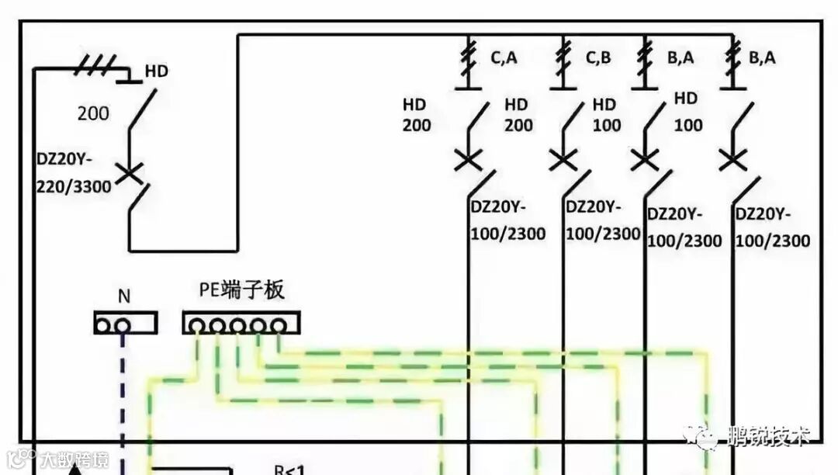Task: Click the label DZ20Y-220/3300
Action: (x=74, y=173)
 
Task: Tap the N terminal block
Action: (x=125, y=323)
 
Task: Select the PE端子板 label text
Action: (x=242, y=291)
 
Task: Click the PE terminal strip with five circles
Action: (x=241, y=323)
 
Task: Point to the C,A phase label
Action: (x=504, y=57)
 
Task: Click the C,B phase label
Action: (x=599, y=57)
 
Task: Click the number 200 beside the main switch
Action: (x=93, y=113)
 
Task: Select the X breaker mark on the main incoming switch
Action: (x=129, y=172)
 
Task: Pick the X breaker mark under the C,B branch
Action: (x=563, y=161)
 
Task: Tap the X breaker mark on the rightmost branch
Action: (x=732, y=161)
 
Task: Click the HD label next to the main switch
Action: (x=156, y=71)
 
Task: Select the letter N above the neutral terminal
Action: (x=124, y=296)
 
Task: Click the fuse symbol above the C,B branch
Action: (x=563, y=57)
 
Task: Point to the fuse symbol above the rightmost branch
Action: (x=732, y=57)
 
